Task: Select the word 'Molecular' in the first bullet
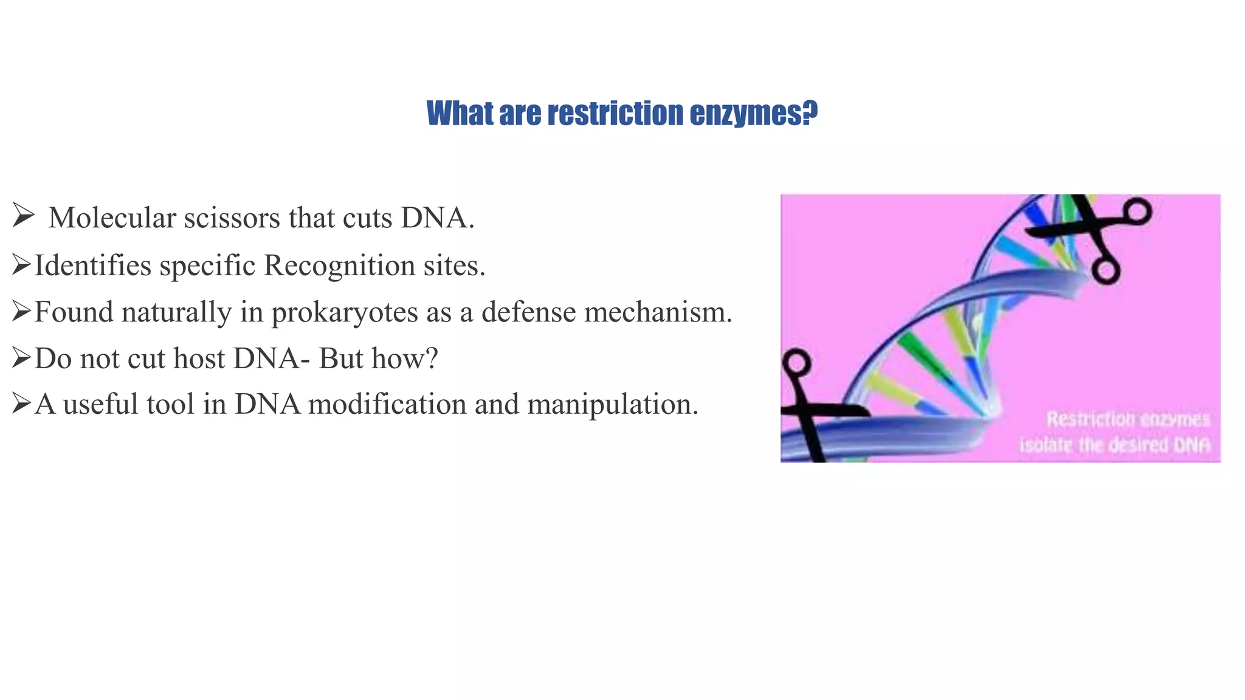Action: pyautogui.click(x=112, y=218)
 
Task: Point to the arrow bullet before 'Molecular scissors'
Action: pyautogui.click(x=22, y=216)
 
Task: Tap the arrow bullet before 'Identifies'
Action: pyautogui.click(x=21, y=264)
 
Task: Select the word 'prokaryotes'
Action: pyautogui.click(x=344, y=312)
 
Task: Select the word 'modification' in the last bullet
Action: pyautogui.click(x=387, y=404)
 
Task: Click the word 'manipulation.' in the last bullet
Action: pyautogui.click(x=613, y=404)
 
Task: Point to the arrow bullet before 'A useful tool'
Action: pyautogui.click(x=21, y=403)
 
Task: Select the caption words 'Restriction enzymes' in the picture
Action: pyautogui.click(x=1128, y=419)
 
